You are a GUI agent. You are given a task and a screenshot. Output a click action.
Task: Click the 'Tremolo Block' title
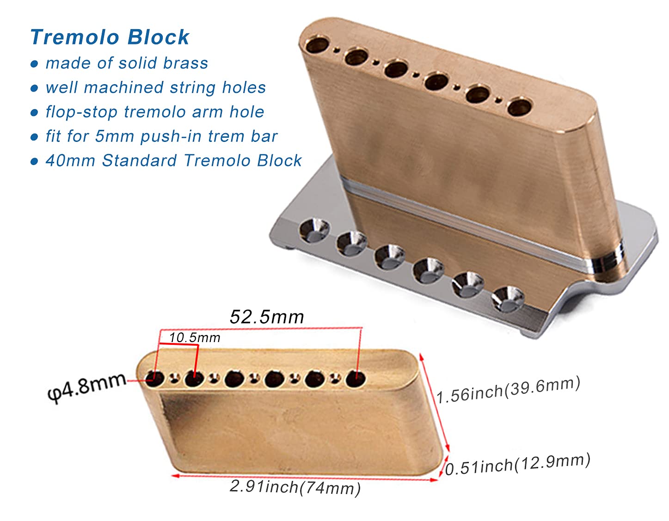(x=110, y=37)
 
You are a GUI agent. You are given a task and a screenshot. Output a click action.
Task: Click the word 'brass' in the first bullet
(x=185, y=63)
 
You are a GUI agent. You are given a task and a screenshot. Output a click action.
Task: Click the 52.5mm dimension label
(x=267, y=317)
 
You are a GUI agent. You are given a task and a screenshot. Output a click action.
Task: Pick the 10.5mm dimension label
(x=195, y=337)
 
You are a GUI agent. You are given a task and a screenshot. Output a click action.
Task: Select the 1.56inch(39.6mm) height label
(x=508, y=390)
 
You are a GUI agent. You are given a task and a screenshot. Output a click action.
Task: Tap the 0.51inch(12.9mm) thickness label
(x=517, y=464)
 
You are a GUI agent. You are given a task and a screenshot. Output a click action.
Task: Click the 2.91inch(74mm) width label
(x=295, y=487)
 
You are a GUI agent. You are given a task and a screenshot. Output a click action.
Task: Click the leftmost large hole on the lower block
(x=155, y=379)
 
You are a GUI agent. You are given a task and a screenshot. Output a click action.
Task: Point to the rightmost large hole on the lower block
(x=355, y=379)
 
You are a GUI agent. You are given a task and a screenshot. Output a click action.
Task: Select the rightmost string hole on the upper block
(x=518, y=107)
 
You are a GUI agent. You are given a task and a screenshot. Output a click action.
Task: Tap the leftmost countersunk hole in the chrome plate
(x=314, y=230)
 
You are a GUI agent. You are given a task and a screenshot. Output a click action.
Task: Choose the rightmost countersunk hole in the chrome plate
(x=507, y=299)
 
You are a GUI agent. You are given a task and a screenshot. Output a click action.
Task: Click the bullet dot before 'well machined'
(x=34, y=88)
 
